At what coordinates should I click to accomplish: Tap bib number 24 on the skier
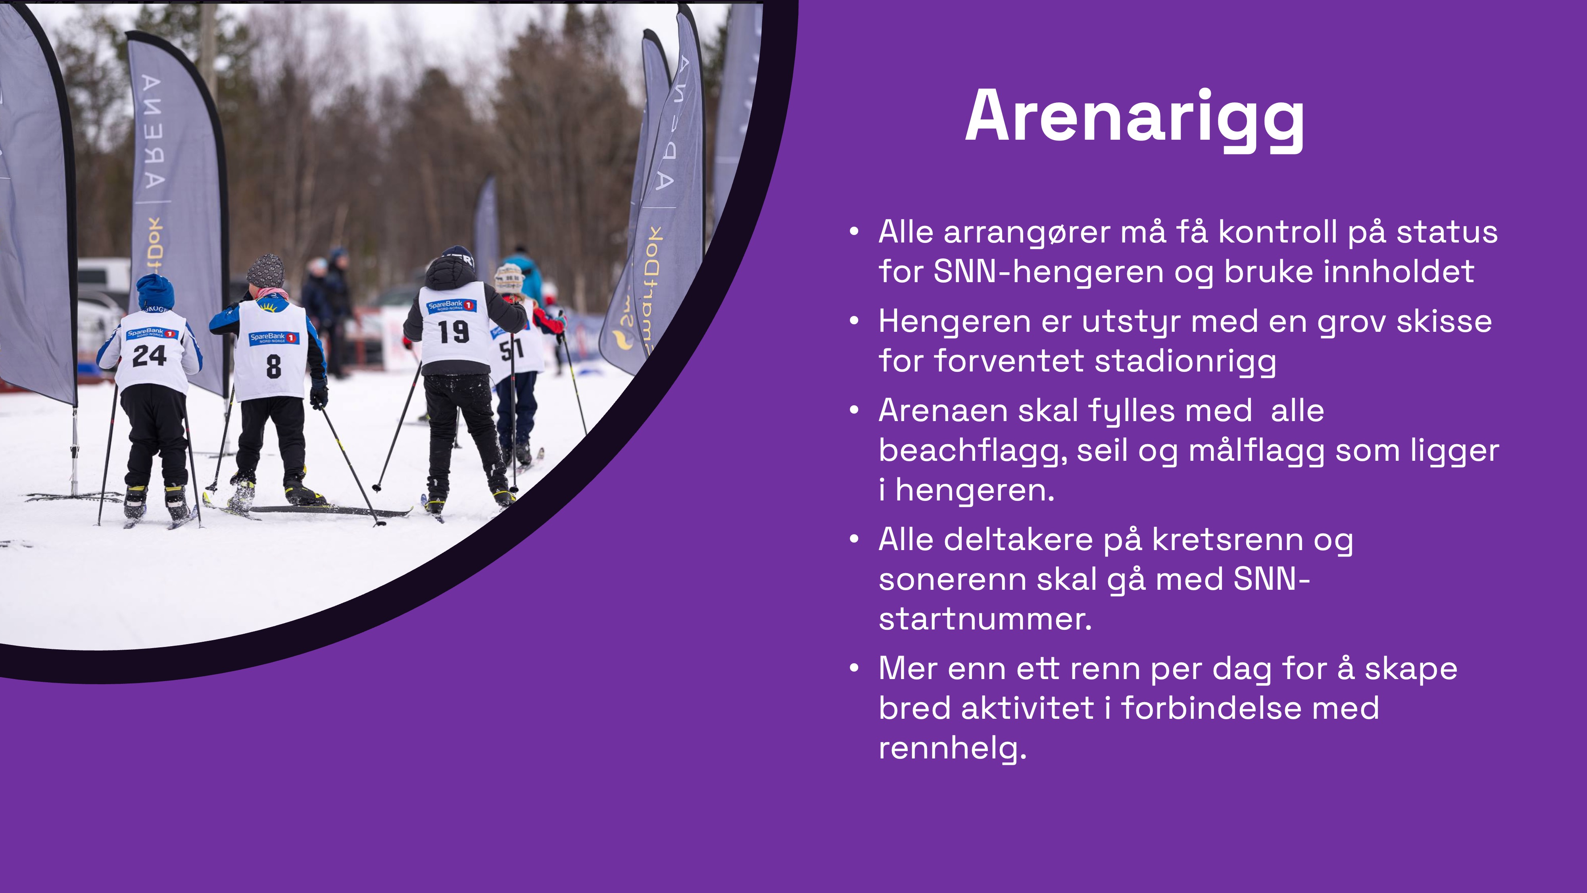click(149, 356)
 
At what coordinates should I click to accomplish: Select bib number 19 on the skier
click(454, 331)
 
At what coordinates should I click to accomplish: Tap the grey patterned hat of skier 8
click(265, 271)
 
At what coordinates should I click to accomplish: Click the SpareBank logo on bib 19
click(452, 305)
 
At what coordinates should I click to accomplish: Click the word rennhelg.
click(953, 748)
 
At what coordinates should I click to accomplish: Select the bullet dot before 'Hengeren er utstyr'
click(854, 321)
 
